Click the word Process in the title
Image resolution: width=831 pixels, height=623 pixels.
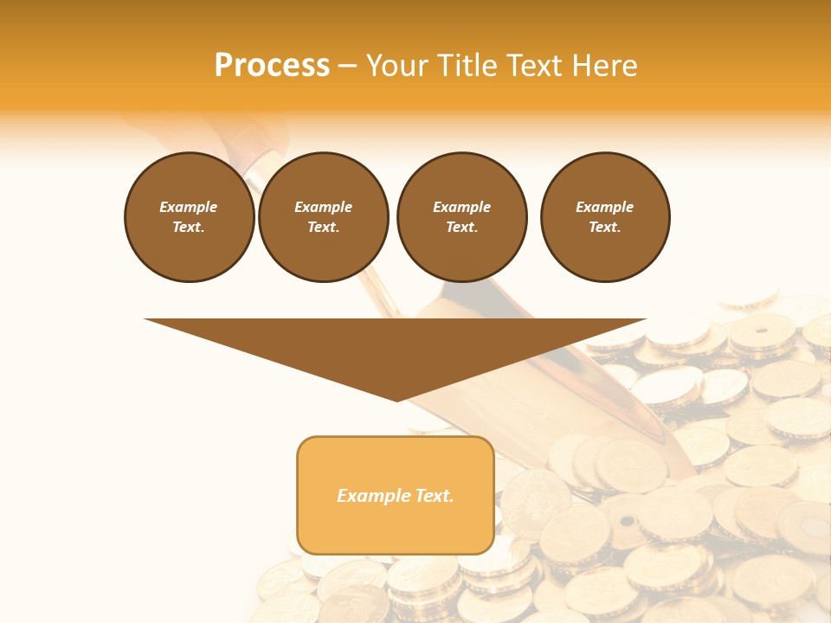pyautogui.click(x=272, y=66)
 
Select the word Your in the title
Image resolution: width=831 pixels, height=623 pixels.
pyautogui.click(x=397, y=66)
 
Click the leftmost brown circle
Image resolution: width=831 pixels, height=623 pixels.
pyautogui.click(x=189, y=217)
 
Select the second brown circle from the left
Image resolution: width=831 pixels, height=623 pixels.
pyautogui.click(x=324, y=217)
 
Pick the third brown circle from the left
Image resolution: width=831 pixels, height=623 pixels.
pyautogui.click(x=461, y=217)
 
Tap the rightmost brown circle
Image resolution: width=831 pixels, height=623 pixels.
pyautogui.click(x=605, y=217)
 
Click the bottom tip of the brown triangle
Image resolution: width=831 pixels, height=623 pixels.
pyautogui.click(x=396, y=399)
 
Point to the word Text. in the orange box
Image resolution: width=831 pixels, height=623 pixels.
pyautogui.click(x=432, y=496)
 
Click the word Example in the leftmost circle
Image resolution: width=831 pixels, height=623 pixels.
pyautogui.click(x=189, y=207)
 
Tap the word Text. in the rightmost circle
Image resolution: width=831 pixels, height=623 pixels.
pyautogui.click(x=605, y=228)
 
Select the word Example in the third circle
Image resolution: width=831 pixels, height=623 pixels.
pyautogui.click(x=461, y=207)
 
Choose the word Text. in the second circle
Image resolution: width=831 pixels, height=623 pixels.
pyautogui.click(x=324, y=228)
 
